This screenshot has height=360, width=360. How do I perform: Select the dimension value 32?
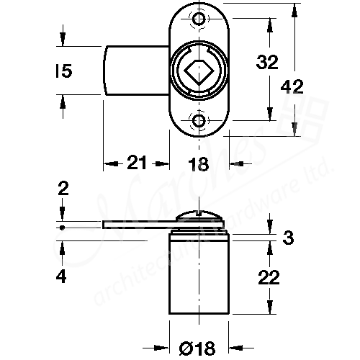(267, 63)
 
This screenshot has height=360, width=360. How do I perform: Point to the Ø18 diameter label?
(198, 350)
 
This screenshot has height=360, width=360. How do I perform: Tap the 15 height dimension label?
(63, 71)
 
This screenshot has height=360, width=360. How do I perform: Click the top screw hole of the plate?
(199, 19)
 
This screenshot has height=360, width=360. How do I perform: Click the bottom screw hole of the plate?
(199, 121)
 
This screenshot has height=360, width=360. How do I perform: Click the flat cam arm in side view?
(140, 224)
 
